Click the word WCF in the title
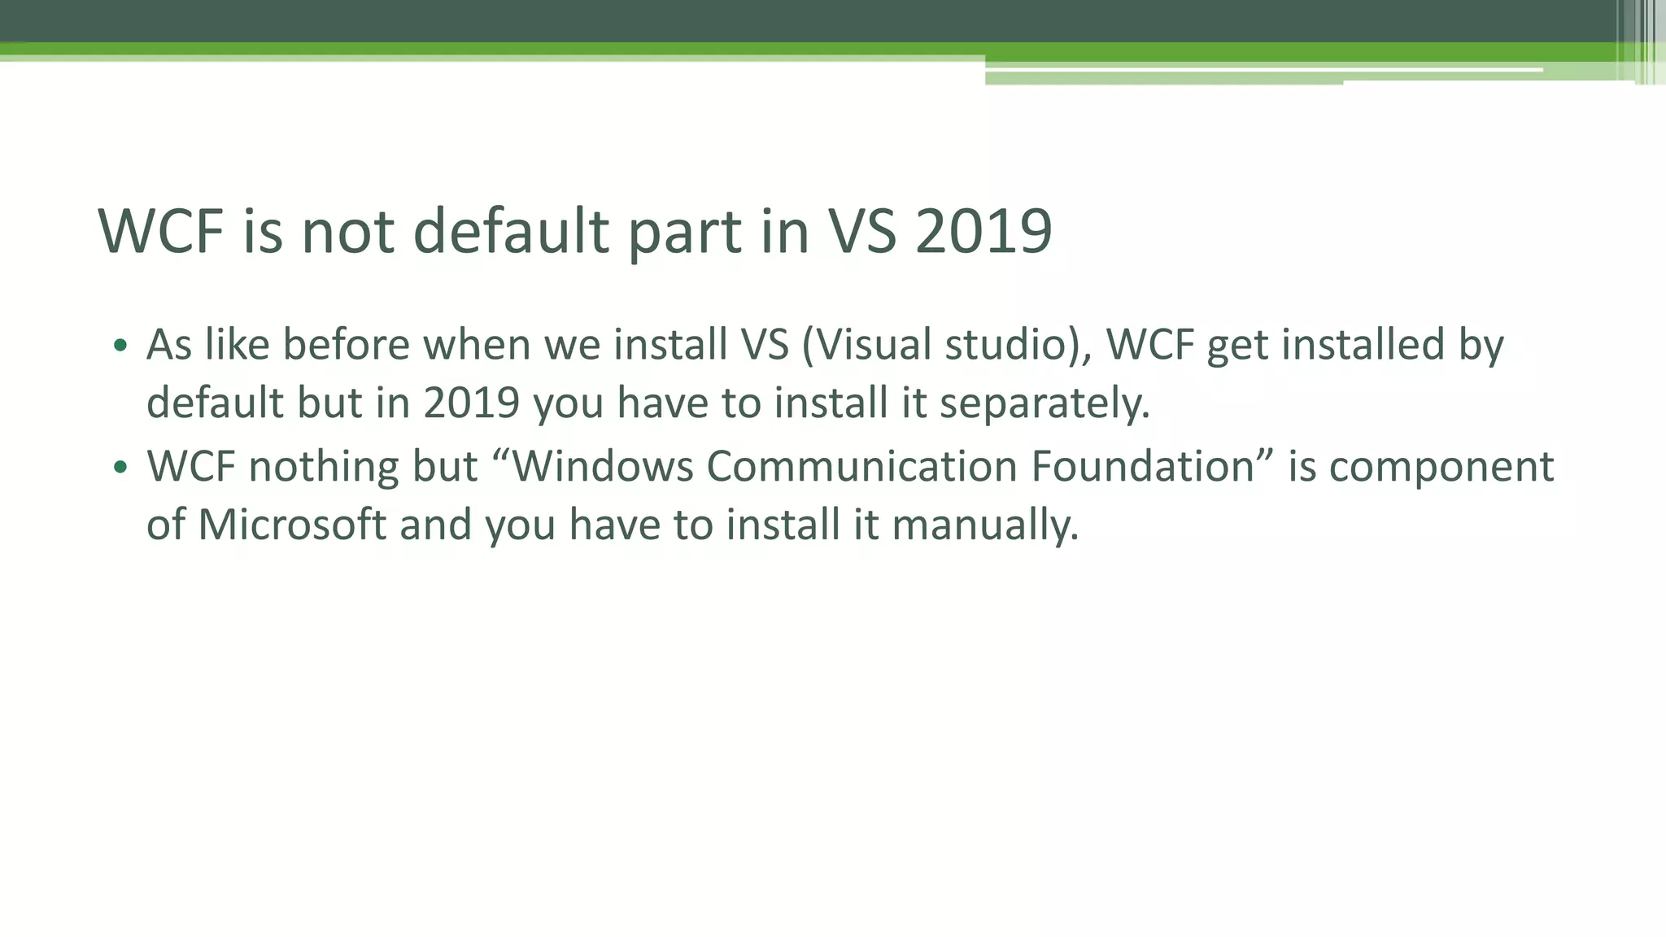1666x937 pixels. (160, 231)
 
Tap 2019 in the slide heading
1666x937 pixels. (983, 231)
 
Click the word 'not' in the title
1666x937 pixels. (348, 231)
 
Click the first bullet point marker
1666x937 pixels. (120, 346)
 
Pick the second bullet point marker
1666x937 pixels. (120, 468)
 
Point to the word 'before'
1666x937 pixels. (346, 344)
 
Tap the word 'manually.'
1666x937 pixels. (985, 525)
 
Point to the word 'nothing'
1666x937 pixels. (323, 467)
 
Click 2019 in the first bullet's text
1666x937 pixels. (471, 403)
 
